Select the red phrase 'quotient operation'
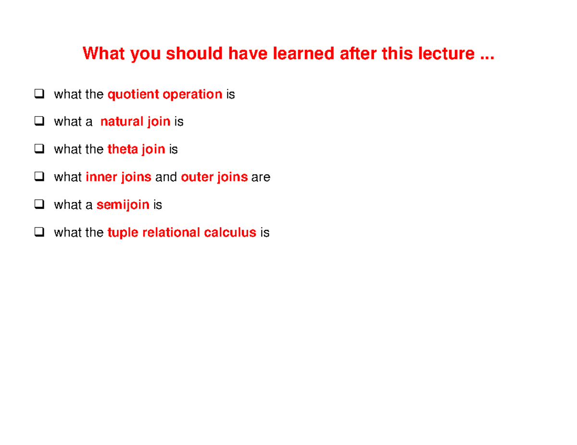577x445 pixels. coord(165,95)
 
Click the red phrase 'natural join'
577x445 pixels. coord(135,122)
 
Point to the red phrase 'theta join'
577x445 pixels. coord(136,150)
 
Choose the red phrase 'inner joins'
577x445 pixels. coord(118,178)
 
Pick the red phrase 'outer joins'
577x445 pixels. coord(214,178)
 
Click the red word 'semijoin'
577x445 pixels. coord(123,205)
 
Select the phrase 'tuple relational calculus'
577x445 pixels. coord(182,233)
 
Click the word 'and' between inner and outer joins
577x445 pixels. coord(166,178)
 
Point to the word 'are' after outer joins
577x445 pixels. coord(261,178)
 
